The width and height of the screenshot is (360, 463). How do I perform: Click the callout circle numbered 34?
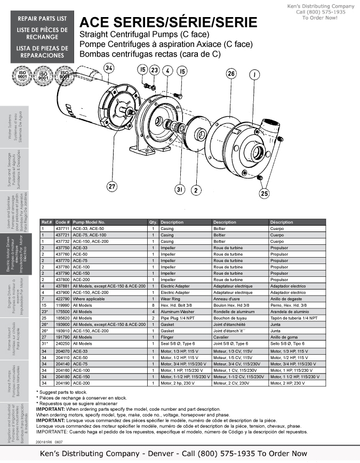pyautogui.click(x=109, y=69)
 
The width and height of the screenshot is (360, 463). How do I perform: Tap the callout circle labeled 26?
pyautogui.click(x=231, y=74)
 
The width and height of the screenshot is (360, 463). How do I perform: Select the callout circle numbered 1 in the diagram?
pyautogui.click(x=254, y=74)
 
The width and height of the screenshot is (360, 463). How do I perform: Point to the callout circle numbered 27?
pyautogui.click(x=111, y=186)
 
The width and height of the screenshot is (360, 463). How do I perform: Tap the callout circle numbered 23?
pyautogui.click(x=154, y=70)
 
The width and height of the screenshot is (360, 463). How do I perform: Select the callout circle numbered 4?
pyautogui.click(x=167, y=70)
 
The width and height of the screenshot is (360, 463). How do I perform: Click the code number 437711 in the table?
pyautogui.click(x=62, y=228)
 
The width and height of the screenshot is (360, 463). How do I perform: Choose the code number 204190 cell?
pyautogui.click(x=62, y=383)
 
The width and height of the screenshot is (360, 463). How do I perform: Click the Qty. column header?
pyautogui.click(x=153, y=222)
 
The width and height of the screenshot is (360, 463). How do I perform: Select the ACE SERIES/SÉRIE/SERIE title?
pyautogui.click(x=168, y=22)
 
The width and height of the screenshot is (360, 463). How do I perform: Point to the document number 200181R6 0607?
pyautogui.click(x=52, y=441)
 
